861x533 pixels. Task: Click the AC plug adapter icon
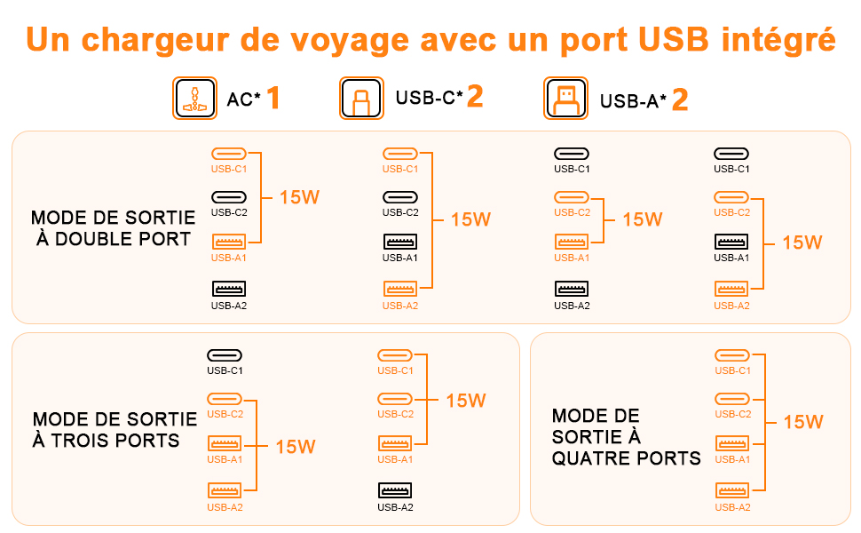[194, 99]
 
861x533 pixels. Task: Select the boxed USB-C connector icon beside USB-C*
[361, 99]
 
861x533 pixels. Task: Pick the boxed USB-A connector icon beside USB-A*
[565, 99]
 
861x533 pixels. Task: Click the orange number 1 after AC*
[273, 99]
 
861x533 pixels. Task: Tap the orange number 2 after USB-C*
[475, 98]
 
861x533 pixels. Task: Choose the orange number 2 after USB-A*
[680, 99]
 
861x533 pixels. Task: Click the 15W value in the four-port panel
[802, 422]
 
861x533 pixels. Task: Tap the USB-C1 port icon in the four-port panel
[731, 355]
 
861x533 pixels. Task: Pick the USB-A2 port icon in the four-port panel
[731, 490]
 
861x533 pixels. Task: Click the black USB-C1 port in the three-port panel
[225, 355]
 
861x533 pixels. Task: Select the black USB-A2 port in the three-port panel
[395, 490]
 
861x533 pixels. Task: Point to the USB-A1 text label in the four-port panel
[732, 459]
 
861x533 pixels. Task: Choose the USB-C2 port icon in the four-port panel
[731, 399]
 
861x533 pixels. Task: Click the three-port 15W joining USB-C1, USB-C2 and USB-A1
[465, 401]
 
